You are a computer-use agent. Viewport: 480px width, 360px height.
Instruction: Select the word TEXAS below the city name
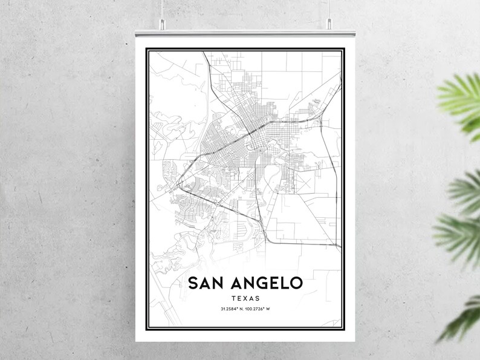[244, 298]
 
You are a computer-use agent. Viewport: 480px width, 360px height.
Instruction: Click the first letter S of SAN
[193, 283]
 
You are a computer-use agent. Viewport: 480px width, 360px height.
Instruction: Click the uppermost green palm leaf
[462, 97]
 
